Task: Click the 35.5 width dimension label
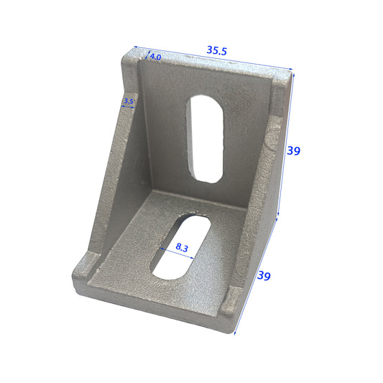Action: [x=216, y=50]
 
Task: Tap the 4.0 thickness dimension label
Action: [x=155, y=56]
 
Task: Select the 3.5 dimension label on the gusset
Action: [x=129, y=101]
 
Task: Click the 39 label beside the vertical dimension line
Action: [x=293, y=151]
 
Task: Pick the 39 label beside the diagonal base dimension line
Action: [x=264, y=276]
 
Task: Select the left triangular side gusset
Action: [x=115, y=187]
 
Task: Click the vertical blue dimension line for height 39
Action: [x=285, y=144]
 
